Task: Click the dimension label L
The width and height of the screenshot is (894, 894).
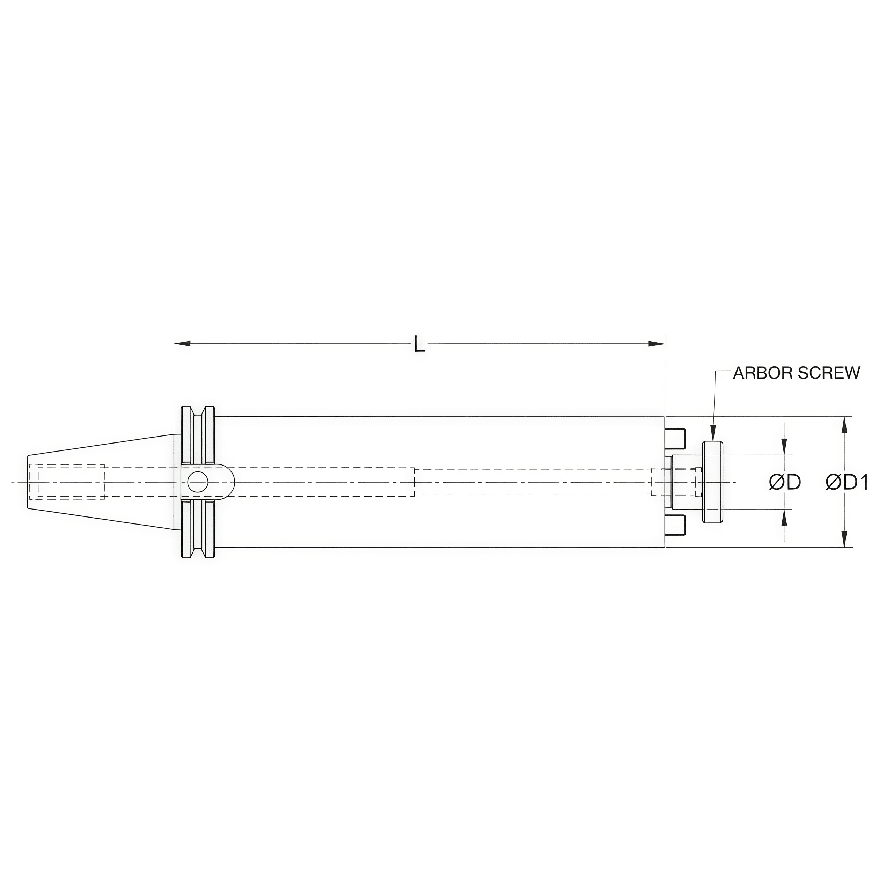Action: (419, 345)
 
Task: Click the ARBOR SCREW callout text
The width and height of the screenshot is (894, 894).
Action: (796, 373)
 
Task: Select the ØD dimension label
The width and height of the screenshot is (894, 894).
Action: (785, 483)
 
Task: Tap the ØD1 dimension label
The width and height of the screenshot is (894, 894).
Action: (847, 483)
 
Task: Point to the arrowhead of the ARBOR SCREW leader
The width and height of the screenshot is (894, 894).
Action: (713, 435)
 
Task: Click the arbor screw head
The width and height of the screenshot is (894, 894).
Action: (713, 482)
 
